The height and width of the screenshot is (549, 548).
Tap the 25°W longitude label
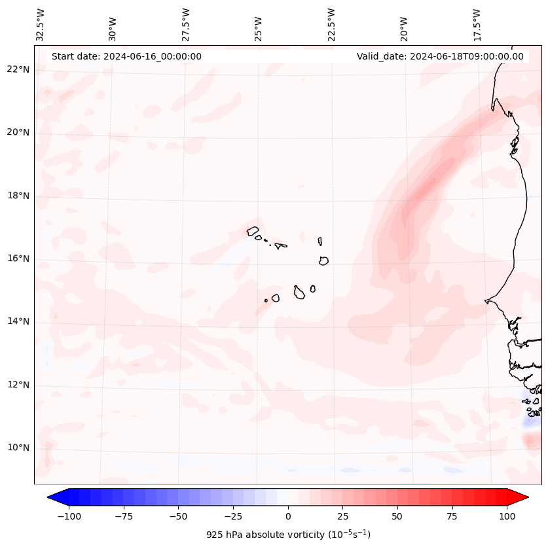(259, 25)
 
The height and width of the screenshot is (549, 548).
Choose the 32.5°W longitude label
(41, 25)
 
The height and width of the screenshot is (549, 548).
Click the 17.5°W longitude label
(477, 25)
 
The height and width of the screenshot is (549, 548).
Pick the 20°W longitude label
(404, 25)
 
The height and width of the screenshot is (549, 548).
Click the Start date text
(126, 56)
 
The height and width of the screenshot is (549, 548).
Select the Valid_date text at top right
(440, 56)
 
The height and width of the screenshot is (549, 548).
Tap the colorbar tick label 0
(288, 516)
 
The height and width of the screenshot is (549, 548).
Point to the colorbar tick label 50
(397, 516)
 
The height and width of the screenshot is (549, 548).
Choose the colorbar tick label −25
(233, 516)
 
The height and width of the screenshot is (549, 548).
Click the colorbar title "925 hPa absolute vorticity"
(288, 535)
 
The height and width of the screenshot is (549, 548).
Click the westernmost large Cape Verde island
(253, 231)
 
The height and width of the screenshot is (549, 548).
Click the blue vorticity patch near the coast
(530, 423)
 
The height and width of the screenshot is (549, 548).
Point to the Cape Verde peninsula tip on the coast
(486, 301)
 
